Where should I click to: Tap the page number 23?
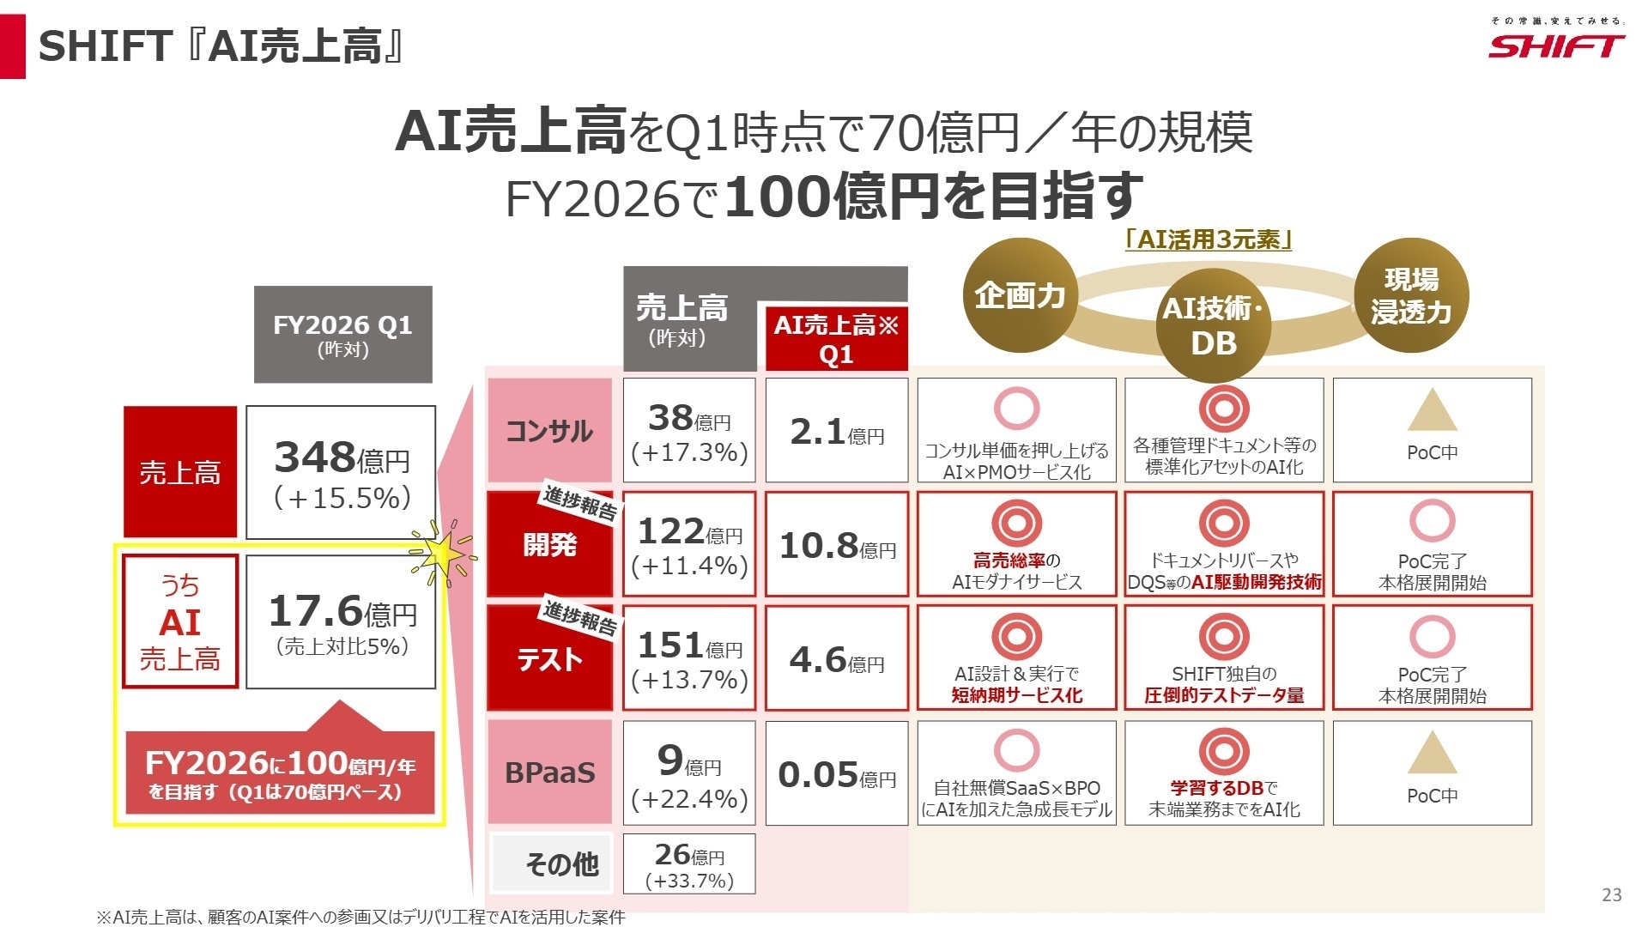pyautogui.click(x=1611, y=894)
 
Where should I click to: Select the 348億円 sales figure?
pyautogui.click(x=341, y=472)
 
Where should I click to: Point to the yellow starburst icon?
pyautogui.click(x=443, y=554)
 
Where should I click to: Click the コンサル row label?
pyautogui.click(x=549, y=430)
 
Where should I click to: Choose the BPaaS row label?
pyautogui.click(x=549, y=772)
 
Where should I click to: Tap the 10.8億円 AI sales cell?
pyautogui.click(x=837, y=544)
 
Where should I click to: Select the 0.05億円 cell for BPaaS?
pyautogui.click(x=837, y=773)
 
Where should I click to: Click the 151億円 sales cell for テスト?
pyautogui.click(x=689, y=658)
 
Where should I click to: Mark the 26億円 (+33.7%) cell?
pyautogui.click(x=689, y=864)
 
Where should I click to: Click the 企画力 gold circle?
pyautogui.click(x=1020, y=296)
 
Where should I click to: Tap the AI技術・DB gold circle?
pyautogui.click(x=1212, y=325)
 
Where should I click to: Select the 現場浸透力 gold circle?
pyautogui.click(x=1411, y=296)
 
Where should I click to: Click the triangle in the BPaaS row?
pyautogui.click(x=1432, y=754)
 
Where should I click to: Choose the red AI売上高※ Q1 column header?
pyautogui.click(x=836, y=338)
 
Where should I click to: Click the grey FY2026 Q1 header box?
pyautogui.click(x=342, y=334)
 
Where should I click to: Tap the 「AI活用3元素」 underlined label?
pyautogui.click(x=1209, y=239)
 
